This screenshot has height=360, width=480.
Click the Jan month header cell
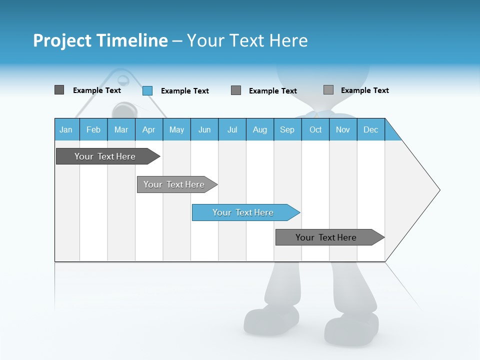tap(66, 129)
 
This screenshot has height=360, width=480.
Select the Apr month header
tap(149, 129)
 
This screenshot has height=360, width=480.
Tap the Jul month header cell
tap(232, 129)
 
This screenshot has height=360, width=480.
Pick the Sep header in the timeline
tap(287, 129)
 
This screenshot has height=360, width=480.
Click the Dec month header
tap(370, 129)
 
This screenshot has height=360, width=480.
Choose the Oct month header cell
tap(315, 129)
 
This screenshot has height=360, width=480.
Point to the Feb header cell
tap(93, 129)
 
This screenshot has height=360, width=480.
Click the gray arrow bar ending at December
tap(327, 237)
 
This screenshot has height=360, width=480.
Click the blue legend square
tap(147, 90)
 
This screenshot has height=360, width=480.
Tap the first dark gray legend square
tap(59, 90)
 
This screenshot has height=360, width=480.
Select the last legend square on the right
tap(328, 90)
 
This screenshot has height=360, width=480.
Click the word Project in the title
tap(62, 40)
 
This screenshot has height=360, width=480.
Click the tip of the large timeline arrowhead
tap(438, 190)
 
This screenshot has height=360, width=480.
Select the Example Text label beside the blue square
tap(184, 91)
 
